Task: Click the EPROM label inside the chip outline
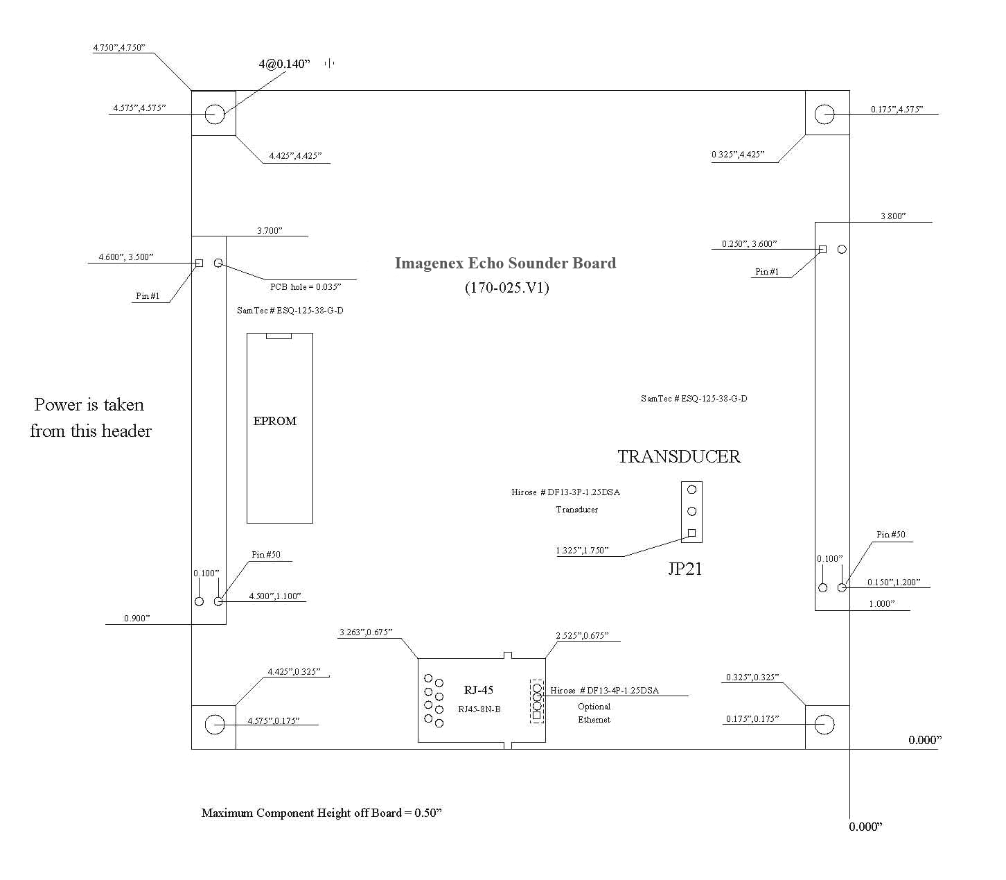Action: (x=274, y=421)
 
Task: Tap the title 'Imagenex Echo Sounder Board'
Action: (x=505, y=264)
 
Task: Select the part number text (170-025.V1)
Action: (x=506, y=287)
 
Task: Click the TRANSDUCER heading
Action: (x=678, y=457)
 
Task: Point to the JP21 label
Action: (x=685, y=569)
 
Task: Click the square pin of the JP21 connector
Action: (x=692, y=533)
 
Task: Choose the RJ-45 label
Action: (x=479, y=690)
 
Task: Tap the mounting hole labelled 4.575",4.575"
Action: (x=214, y=114)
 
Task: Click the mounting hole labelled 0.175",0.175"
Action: (x=824, y=725)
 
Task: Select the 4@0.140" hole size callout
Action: (x=284, y=64)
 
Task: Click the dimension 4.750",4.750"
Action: (x=119, y=48)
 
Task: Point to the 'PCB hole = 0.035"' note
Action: (x=306, y=287)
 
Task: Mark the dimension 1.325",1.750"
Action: (x=582, y=550)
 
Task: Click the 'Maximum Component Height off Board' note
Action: (x=321, y=813)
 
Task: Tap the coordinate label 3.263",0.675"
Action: (x=366, y=632)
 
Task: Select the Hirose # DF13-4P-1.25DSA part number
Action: (x=604, y=691)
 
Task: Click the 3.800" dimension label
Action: (x=893, y=216)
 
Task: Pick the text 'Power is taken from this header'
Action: (x=91, y=418)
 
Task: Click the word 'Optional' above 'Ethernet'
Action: (x=594, y=707)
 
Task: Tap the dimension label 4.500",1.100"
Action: (x=274, y=596)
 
